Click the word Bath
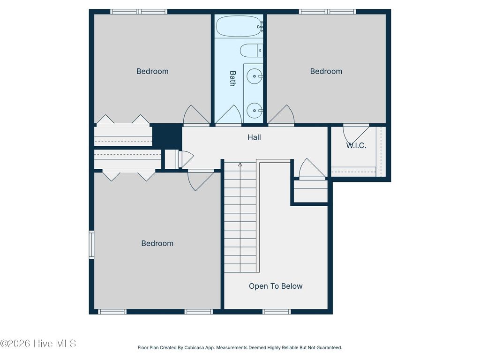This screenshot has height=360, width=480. pyautogui.click(x=232, y=78)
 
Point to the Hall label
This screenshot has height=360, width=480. pyautogui.click(x=254, y=137)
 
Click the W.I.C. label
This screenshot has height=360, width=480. pyautogui.click(x=356, y=145)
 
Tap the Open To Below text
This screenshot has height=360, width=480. pyautogui.click(x=276, y=286)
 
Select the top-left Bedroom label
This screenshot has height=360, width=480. pyautogui.click(x=152, y=71)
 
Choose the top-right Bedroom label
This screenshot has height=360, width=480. pyautogui.click(x=326, y=71)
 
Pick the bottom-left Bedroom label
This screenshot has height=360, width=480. pyautogui.click(x=157, y=243)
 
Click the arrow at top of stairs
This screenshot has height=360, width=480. pyautogui.click(x=240, y=165)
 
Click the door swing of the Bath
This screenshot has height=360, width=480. pyautogui.click(x=228, y=116)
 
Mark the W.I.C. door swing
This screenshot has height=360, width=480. pyautogui.click(x=354, y=133)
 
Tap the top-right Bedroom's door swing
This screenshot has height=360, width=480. pyautogui.click(x=281, y=116)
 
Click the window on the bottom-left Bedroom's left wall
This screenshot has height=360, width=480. pyautogui.click(x=91, y=244)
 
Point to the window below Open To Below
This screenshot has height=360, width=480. pyautogui.click(x=277, y=311)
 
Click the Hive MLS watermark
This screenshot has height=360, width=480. pyautogui.click(x=38, y=344)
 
